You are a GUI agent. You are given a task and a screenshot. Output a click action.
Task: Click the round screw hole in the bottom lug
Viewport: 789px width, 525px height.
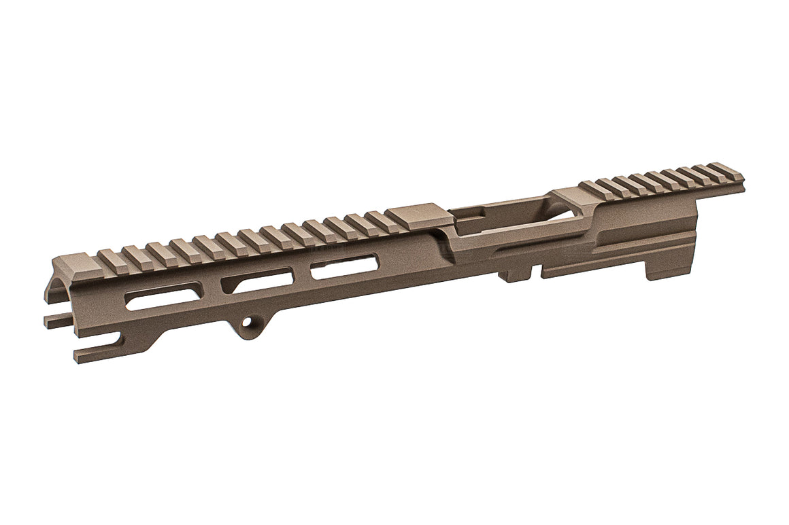point(252,324)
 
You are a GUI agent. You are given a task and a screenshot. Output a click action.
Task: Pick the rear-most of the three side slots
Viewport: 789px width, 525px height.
point(344,264)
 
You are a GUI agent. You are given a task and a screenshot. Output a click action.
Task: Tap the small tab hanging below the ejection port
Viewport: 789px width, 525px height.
point(514,274)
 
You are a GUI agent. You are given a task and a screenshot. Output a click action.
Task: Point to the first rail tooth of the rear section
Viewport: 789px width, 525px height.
point(592,189)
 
